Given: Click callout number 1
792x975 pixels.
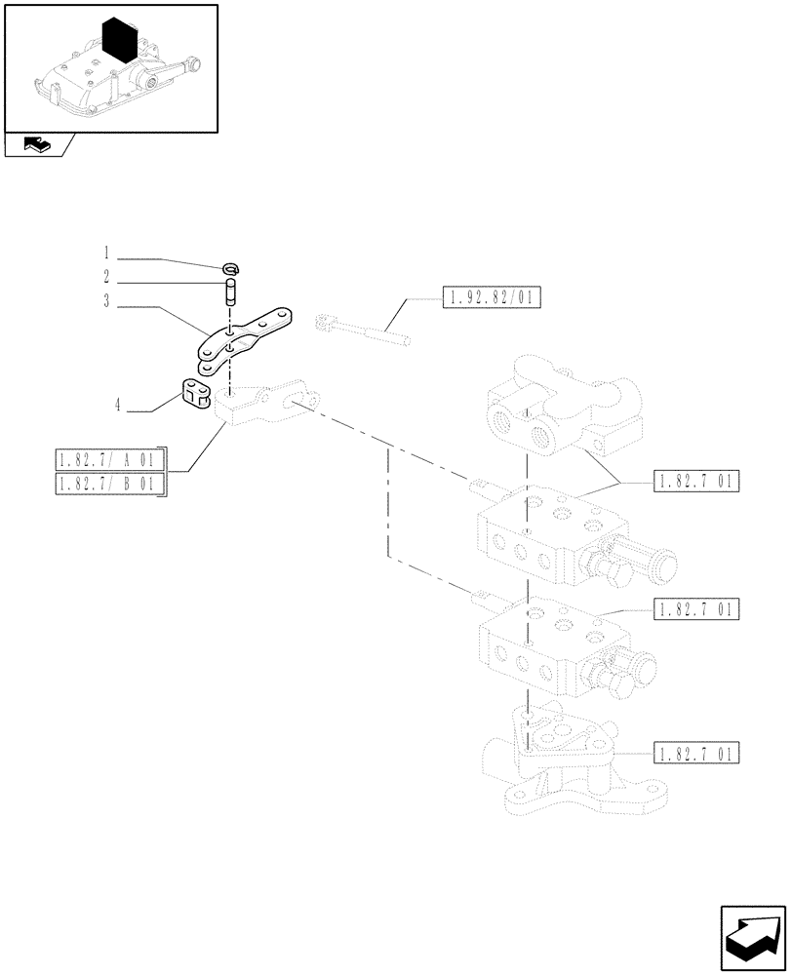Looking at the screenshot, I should pos(106,251).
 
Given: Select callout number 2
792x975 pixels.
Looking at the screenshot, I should pos(106,277).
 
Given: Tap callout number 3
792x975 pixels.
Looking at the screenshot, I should pos(106,303).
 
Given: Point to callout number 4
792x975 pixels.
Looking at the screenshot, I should pos(118,405).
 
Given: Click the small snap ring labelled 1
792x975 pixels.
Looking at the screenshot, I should pos(231,269).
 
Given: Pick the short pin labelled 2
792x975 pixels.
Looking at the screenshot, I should pos(231,291).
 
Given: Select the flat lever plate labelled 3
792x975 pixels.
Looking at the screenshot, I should pos(244,340).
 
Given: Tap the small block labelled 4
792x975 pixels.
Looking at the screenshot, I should pos(196,392).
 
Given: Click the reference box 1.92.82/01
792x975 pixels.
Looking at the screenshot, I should pos(492,297).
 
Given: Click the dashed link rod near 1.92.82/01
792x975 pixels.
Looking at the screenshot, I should pos(361,330).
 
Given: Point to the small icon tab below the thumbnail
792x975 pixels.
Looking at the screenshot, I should pos(36,146).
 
